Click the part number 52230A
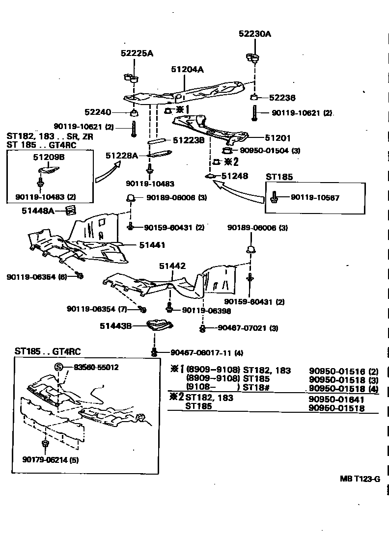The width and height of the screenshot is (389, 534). tap(255, 34)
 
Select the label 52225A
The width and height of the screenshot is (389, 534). tap(137, 53)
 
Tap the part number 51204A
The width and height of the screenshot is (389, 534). tap(187, 70)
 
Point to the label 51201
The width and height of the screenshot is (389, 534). tap(278, 138)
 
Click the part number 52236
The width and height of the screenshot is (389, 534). tap(282, 98)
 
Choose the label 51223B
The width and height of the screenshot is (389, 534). tap(189, 140)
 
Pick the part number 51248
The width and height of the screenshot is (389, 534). tap(235, 176)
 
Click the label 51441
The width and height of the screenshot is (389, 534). tap(152, 245)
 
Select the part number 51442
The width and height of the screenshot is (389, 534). tap(172, 266)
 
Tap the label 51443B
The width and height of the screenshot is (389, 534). tap(115, 326)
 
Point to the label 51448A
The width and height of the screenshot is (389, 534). tap(38, 211)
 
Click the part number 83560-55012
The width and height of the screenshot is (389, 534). tap(96, 367)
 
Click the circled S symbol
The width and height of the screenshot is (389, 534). tap(59, 367)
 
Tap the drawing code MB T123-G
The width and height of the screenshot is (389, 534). tap(360, 479)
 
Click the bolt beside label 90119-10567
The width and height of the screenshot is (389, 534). tap(274, 197)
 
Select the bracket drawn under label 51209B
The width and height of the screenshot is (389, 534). tap(48, 170)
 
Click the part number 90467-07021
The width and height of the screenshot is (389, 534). tap(243, 328)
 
